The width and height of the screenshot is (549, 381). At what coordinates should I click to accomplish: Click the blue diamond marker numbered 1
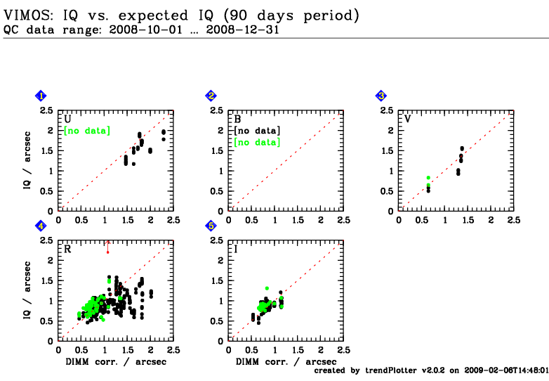pyautogui.click(x=41, y=96)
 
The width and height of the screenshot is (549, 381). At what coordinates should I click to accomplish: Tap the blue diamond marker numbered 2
pyautogui.click(x=211, y=96)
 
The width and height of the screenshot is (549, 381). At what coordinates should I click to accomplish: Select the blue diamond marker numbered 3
pyautogui.click(x=381, y=96)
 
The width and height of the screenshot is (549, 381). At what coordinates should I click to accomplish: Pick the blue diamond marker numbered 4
pyautogui.click(x=41, y=226)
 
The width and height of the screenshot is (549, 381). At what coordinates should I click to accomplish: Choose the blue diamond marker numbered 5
pyautogui.click(x=211, y=226)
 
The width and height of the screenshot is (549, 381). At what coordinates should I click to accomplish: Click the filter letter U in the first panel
pyautogui.click(x=67, y=119)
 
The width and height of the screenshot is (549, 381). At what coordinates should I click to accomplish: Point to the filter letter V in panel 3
pyautogui.click(x=408, y=119)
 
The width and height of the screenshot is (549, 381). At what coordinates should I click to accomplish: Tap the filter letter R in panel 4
pyautogui.click(x=67, y=249)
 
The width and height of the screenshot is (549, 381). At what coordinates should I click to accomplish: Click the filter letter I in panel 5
pyautogui.click(x=237, y=249)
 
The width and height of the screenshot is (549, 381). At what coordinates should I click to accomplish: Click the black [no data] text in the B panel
pyautogui.click(x=257, y=131)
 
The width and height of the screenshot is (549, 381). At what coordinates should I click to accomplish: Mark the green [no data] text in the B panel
pyautogui.click(x=257, y=143)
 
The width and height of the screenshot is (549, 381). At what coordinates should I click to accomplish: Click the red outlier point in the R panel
pyautogui.click(x=107, y=252)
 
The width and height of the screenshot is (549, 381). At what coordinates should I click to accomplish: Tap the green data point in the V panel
pyautogui.click(x=428, y=179)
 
